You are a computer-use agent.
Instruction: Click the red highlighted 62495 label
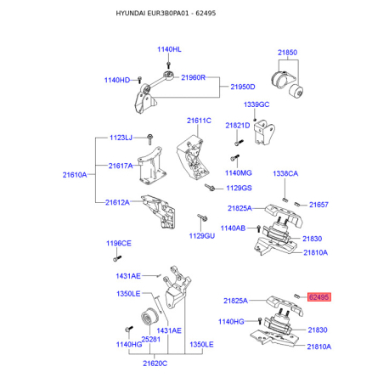319,297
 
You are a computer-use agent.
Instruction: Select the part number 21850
287,53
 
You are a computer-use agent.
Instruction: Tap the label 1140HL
169,49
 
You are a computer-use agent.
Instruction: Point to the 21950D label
243,87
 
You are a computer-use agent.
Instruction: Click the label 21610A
75,175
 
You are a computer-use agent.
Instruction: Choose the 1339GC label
257,104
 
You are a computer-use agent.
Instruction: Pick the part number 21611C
199,121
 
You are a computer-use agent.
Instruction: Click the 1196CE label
119,243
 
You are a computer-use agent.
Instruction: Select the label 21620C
155,364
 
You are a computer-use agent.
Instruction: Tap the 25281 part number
151,339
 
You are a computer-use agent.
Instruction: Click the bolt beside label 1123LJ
150,139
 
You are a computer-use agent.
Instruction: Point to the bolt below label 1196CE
117,258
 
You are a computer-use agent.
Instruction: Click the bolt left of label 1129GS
210,187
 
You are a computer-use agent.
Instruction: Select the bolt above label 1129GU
202,217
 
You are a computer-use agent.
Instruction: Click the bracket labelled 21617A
151,166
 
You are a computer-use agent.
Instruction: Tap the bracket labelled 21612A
160,211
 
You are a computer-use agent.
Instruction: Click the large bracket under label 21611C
193,158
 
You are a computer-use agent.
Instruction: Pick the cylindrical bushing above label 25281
149,317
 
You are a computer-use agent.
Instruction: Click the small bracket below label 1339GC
264,132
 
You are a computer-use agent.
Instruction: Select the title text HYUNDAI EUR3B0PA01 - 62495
166,13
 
